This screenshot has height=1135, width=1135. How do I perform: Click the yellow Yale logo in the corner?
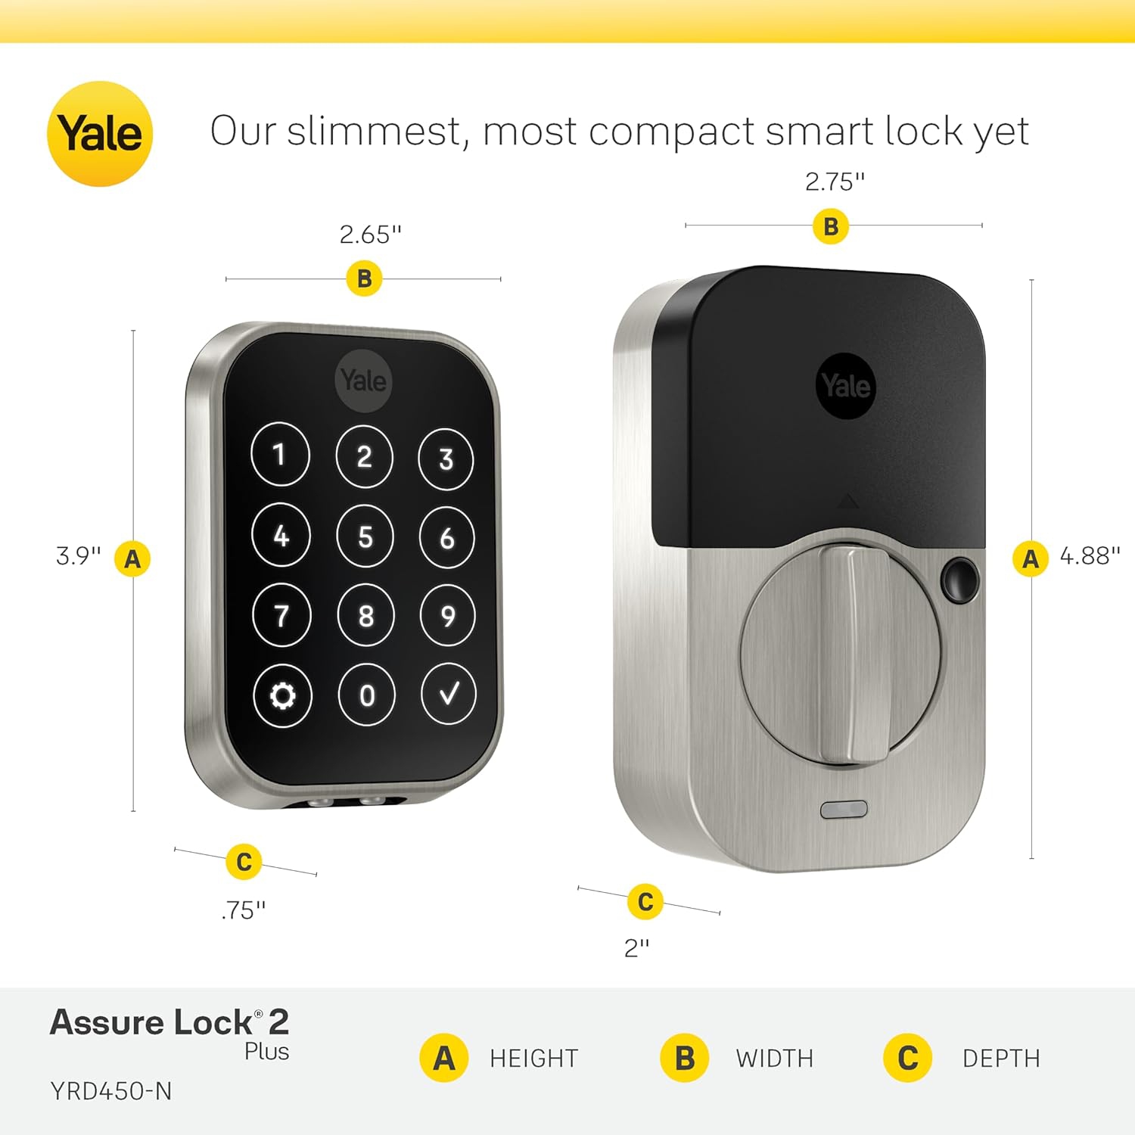(x=100, y=134)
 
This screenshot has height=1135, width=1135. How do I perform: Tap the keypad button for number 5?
(x=365, y=536)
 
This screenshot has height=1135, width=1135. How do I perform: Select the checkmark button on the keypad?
(x=448, y=694)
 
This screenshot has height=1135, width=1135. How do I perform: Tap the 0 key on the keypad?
(x=366, y=695)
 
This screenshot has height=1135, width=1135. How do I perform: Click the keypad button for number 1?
(x=280, y=455)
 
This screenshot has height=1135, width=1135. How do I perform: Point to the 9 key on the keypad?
(x=447, y=616)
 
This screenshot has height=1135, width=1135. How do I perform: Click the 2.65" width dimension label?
(x=370, y=235)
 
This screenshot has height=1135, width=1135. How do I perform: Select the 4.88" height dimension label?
(x=1090, y=556)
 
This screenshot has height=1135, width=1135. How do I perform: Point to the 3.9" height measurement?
(x=78, y=556)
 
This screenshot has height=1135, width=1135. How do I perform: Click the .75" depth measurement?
(x=244, y=910)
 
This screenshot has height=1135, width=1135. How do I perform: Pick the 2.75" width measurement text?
(x=835, y=182)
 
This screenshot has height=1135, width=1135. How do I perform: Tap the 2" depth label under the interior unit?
(x=636, y=947)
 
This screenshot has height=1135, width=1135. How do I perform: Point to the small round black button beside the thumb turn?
(x=959, y=580)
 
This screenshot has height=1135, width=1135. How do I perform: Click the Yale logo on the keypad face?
(x=363, y=381)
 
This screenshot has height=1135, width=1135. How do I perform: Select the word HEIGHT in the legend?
(x=533, y=1058)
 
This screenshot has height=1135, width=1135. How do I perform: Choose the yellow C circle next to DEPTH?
(x=907, y=1058)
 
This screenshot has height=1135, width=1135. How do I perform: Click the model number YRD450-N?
(x=111, y=1091)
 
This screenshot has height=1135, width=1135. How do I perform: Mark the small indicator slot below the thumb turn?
(x=844, y=810)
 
